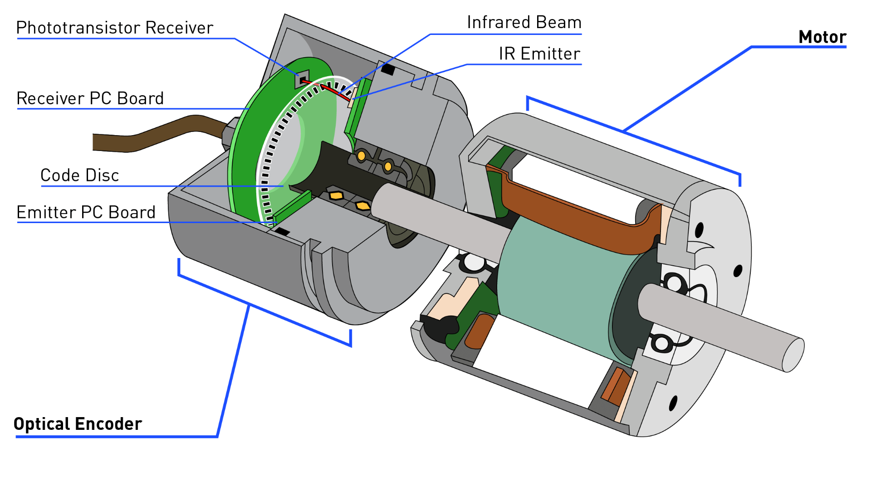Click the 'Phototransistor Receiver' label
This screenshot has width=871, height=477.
tap(114, 28)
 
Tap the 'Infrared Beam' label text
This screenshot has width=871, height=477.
tap(524, 23)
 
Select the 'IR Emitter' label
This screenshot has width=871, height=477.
tap(539, 54)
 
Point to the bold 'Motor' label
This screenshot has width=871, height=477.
tap(822, 37)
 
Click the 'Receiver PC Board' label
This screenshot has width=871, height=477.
tap(90, 98)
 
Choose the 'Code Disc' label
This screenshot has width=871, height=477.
tap(79, 175)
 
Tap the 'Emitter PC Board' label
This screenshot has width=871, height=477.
tap(86, 212)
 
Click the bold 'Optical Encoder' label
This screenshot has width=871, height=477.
tap(78, 424)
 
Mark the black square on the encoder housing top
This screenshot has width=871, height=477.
tap(388, 69)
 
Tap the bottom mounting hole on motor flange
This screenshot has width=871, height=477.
tap(673, 403)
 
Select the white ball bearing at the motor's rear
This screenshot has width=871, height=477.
tap(474, 262)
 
